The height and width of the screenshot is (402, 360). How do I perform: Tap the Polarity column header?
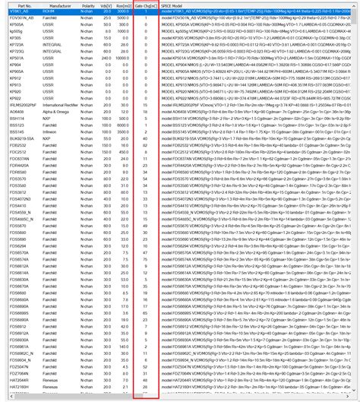click(87, 5)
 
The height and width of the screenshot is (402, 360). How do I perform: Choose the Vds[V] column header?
click(106, 5)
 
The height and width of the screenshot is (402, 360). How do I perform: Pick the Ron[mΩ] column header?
click(123, 5)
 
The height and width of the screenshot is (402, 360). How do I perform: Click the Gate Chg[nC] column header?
click(146, 5)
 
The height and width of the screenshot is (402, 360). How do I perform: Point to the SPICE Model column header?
click(175, 5)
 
